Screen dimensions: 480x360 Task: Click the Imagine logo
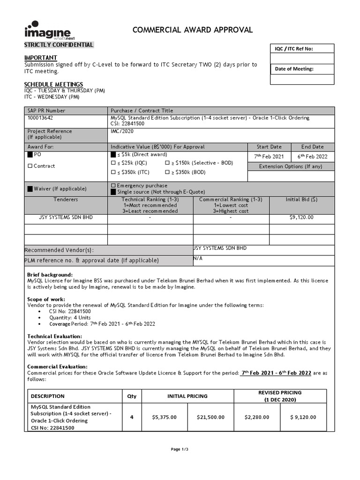tap(47, 30)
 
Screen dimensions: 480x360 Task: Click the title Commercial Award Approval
tap(193, 30)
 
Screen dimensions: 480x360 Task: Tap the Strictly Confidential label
tap(59, 45)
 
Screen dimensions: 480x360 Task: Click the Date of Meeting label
tap(294, 69)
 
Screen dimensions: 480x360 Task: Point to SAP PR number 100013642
tap(40, 118)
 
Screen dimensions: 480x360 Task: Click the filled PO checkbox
tap(30, 155)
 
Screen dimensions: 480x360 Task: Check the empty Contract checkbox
tap(30, 166)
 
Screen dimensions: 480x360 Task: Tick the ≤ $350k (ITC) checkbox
tap(113, 172)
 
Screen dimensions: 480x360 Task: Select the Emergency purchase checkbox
tap(113, 186)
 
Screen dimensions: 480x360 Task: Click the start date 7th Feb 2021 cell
tap(269, 157)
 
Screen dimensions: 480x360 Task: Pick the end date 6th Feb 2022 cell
tap(313, 157)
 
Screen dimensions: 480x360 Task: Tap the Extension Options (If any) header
tap(291, 166)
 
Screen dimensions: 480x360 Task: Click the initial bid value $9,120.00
tap(302, 217)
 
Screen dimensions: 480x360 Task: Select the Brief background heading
tap(50, 275)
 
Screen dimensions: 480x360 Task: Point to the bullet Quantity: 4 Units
tap(70, 317)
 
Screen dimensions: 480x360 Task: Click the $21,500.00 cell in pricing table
tap(210, 417)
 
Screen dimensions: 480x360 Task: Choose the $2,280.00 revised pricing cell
tap(257, 417)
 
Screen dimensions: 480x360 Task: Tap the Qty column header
tap(132, 396)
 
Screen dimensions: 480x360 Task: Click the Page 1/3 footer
tap(180, 449)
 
